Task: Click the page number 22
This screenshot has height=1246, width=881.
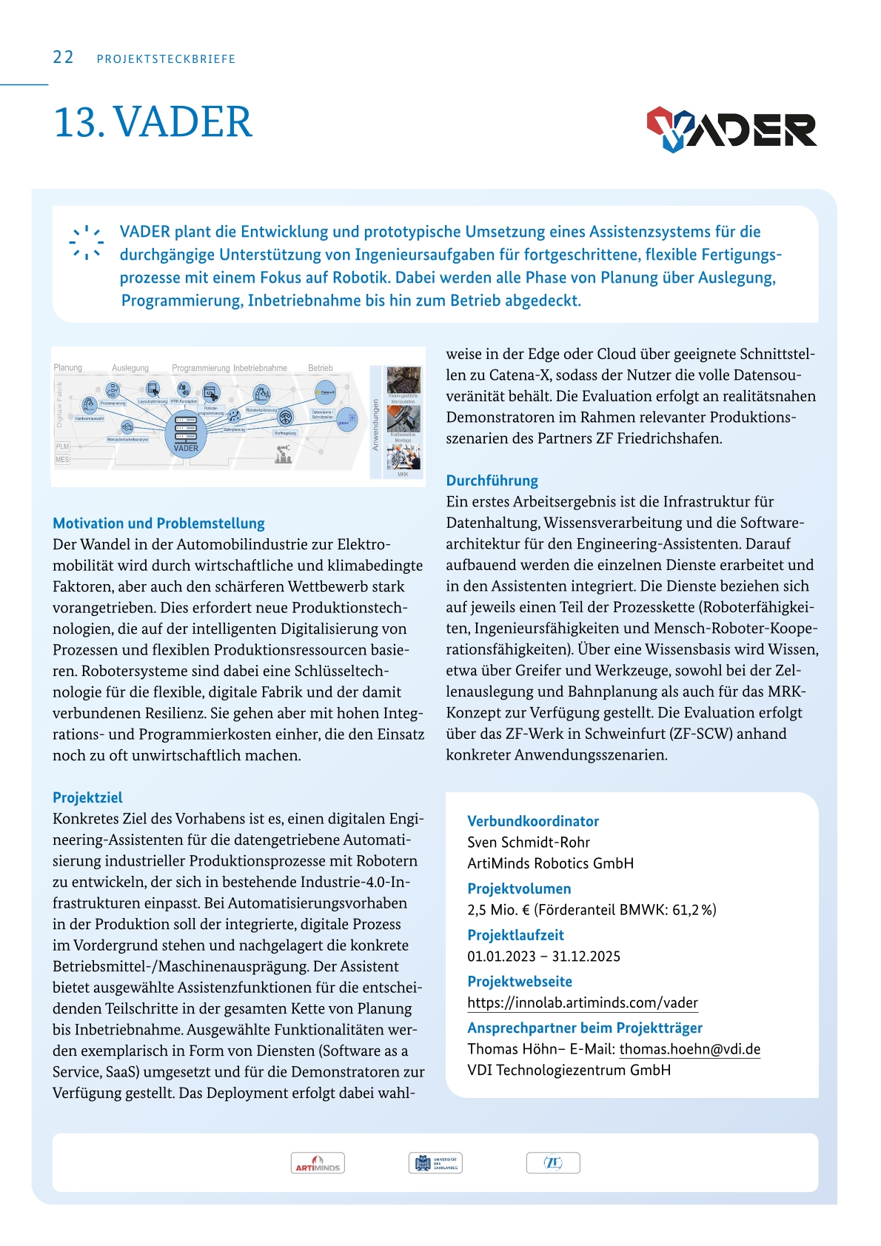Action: (x=63, y=58)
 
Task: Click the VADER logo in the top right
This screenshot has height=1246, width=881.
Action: (x=731, y=130)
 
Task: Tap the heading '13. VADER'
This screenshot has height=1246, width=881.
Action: (x=153, y=122)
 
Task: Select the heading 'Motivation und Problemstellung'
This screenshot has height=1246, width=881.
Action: (x=158, y=523)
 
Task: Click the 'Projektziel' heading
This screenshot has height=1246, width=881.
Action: (x=87, y=797)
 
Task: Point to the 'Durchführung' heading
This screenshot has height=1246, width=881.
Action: (x=492, y=480)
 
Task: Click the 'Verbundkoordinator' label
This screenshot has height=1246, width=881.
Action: (x=532, y=821)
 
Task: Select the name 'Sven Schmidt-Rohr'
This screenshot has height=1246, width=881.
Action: (x=529, y=843)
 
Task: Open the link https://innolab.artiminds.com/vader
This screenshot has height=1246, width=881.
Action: (x=582, y=1003)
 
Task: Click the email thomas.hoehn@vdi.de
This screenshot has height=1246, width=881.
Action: (x=689, y=1049)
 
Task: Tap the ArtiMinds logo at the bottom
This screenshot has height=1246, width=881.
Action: (x=318, y=1164)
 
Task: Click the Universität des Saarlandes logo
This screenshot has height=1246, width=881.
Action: (x=435, y=1163)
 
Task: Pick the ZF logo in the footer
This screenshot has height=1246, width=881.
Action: (x=553, y=1163)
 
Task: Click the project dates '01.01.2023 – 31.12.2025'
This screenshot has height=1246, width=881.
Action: (x=543, y=957)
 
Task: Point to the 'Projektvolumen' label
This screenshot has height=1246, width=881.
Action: (x=519, y=888)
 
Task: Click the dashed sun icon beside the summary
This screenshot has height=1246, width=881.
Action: (x=87, y=242)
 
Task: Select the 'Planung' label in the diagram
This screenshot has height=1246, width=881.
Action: (x=68, y=368)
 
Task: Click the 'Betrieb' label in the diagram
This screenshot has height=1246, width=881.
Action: (x=320, y=368)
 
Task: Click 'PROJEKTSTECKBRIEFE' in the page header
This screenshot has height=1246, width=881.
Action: (x=166, y=59)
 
